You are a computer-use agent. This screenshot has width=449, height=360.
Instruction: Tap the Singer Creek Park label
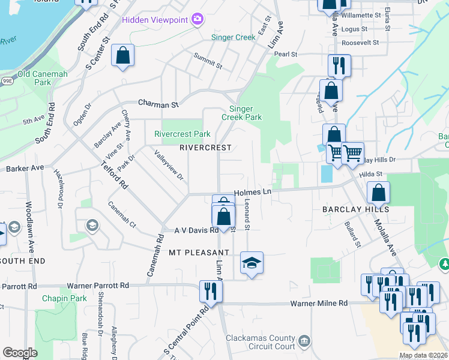[x=246, y=113]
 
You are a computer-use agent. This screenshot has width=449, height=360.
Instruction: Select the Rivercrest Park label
[x=182, y=134]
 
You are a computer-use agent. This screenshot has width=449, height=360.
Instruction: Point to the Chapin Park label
[x=64, y=298]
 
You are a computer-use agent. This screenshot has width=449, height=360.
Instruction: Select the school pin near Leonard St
[x=252, y=263]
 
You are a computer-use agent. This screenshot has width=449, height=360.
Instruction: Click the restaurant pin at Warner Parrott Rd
[x=211, y=291]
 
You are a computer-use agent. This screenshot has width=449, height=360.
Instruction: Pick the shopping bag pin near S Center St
[x=122, y=56]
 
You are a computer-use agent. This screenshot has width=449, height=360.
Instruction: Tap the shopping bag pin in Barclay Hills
[x=378, y=193]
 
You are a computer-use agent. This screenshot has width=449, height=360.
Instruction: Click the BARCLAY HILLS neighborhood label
[x=356, y=209]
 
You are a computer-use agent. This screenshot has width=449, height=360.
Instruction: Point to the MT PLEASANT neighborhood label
[x=199, y=253]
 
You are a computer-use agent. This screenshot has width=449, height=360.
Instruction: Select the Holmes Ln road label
[x=253, y=192]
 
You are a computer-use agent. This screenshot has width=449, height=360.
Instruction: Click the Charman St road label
[x=158, y=104]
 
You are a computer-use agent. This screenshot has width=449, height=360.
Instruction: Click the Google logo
[x=20, y=353]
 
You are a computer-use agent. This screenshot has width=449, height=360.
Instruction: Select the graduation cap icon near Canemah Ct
[x=92, y=225]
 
